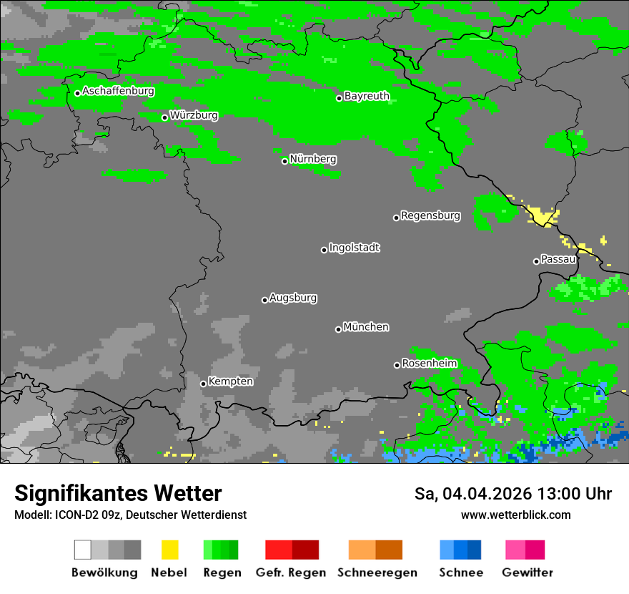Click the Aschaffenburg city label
coord(118,91)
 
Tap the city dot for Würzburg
coord(164,117)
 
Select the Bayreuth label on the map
coord(367,96)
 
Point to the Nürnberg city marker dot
coord(284,161)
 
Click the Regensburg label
coord(430,215)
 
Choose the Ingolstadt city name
coord(354,248)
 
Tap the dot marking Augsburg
coord(264,300)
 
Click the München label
coord(366,327)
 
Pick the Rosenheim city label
coord(429,364)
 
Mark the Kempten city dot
coord(203,384)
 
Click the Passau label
coord(558,259)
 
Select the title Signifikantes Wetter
coord(118,494)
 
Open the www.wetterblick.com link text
coord(515,515)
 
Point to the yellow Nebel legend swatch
coord(169,550)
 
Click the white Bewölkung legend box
coord(83,550)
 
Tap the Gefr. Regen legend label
coord(291,573)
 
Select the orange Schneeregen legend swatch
coord(362,550)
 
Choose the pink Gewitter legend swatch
coord(515,550)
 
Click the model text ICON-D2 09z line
coord(130,515)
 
